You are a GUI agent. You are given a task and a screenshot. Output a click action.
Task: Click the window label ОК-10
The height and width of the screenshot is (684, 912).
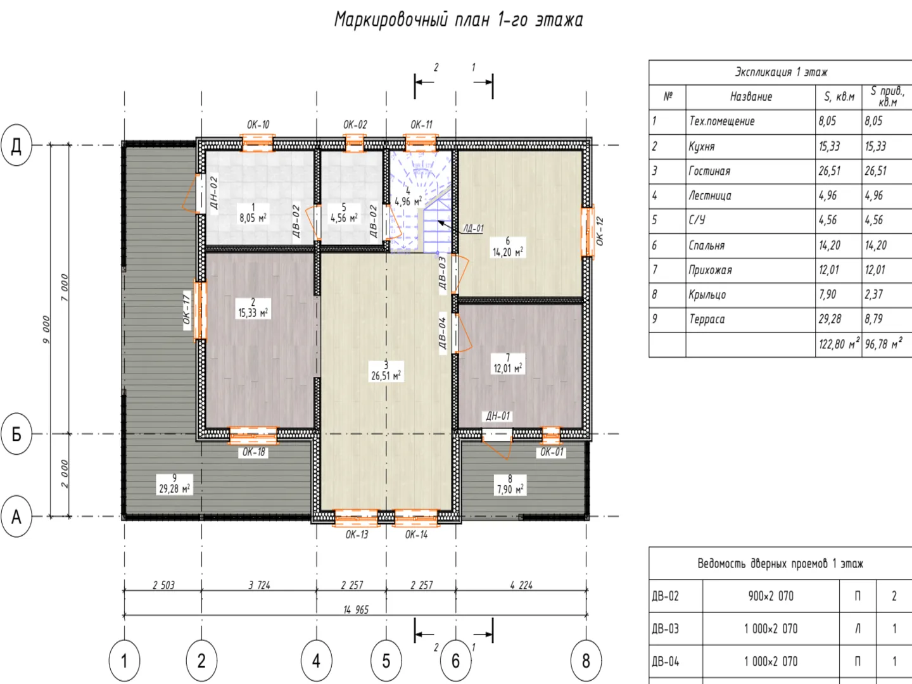pos(258,125)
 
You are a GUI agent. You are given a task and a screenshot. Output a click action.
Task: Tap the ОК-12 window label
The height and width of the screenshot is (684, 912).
pos(599,231)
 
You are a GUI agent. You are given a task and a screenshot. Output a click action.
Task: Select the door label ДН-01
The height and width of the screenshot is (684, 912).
pos(498,416)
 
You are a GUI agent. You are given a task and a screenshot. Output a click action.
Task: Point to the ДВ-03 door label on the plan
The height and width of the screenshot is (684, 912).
pos(442,273)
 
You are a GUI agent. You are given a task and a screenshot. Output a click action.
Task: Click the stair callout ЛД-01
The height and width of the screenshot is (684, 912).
pos(474,229)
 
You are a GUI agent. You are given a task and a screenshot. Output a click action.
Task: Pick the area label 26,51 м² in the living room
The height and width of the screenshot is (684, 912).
pos(386,376)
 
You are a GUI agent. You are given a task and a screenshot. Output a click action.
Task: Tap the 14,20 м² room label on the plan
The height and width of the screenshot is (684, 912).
pos(508,252)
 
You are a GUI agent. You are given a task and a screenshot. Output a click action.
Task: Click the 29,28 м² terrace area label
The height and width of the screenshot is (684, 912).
pos(175,489)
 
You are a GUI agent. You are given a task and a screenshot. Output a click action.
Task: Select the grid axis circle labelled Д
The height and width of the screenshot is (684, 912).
pos(16,145)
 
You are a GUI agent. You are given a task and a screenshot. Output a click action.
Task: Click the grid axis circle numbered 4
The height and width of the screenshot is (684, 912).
pos(316,661)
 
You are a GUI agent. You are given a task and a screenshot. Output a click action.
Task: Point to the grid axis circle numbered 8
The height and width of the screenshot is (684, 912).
pos(586,661)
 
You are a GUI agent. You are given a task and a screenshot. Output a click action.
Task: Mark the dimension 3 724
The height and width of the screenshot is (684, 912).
pos(259,585)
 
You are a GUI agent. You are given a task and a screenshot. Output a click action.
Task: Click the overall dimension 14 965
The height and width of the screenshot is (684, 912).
pos(356,610)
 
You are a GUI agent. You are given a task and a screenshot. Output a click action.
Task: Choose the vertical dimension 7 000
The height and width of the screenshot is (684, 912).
pos(65,288)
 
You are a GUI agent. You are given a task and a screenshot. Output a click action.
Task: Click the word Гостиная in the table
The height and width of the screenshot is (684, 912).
pos(709,171)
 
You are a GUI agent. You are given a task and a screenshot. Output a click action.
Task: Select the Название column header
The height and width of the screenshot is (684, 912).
pos(750,97)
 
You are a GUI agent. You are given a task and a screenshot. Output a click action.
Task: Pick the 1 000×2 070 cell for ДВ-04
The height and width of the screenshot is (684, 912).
pos(771,662)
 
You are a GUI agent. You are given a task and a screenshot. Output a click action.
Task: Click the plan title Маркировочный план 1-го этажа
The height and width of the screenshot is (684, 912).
pos(459,20)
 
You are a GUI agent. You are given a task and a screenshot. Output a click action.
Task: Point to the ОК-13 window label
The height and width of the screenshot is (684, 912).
pos(357,535)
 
